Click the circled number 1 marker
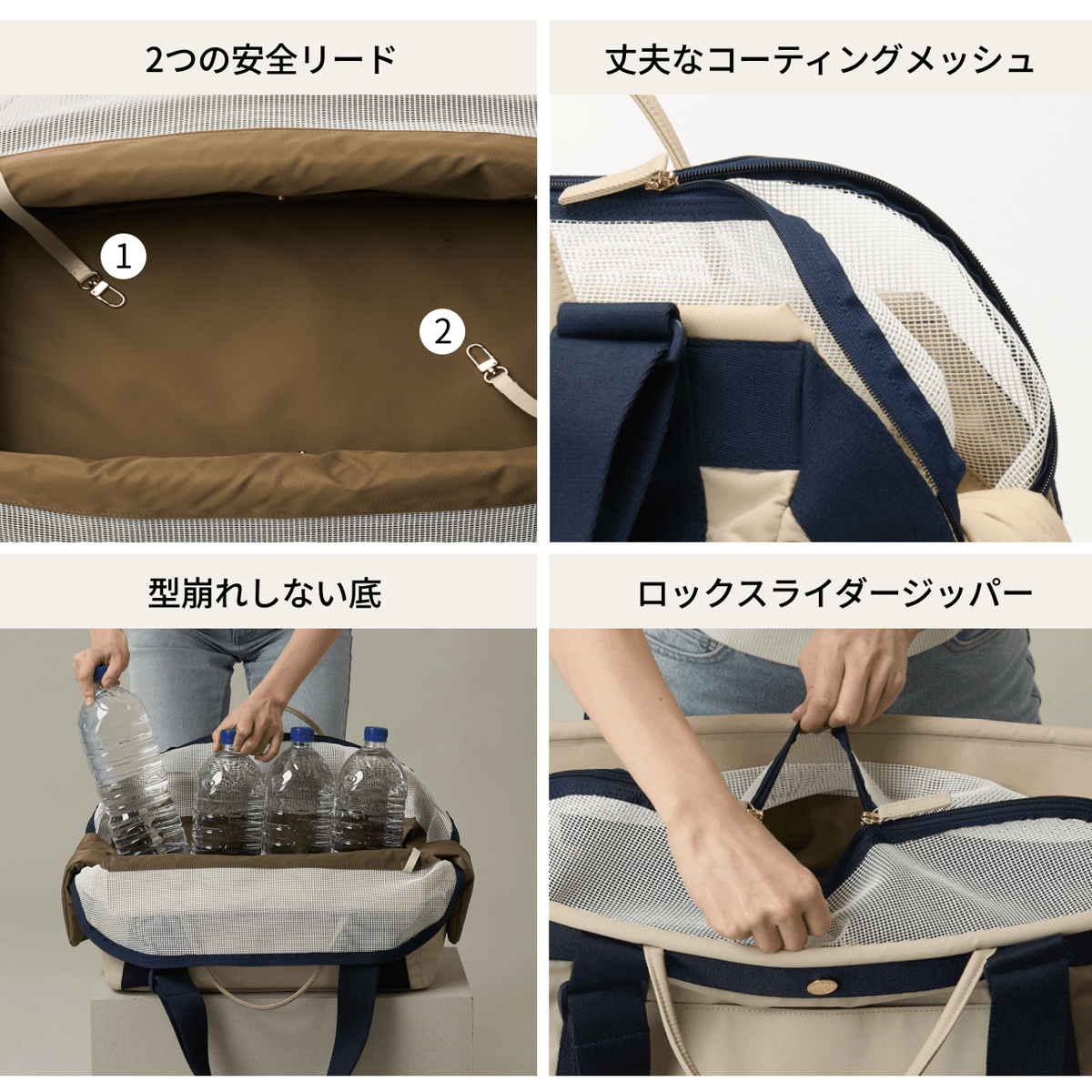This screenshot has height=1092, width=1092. (123, 257)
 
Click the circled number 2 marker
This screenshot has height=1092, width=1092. (442, 332)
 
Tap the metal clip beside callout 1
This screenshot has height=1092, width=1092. (108, 292)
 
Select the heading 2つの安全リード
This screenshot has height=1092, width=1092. (270, 60)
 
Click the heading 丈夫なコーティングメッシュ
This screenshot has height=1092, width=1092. (820, 60)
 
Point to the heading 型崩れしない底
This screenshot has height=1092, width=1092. (265, 593)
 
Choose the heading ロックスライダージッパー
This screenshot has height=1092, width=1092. (834, 593)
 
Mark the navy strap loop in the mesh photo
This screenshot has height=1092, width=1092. (619, 328)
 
